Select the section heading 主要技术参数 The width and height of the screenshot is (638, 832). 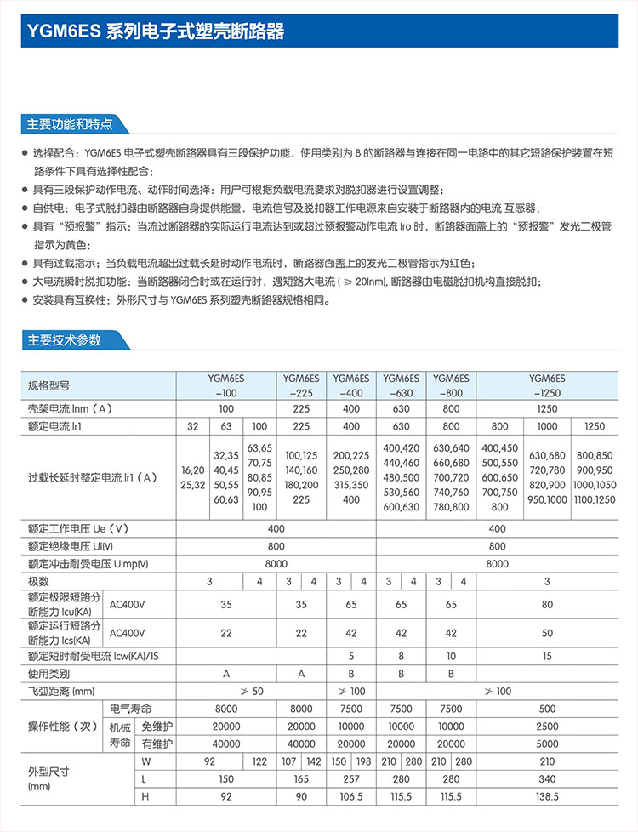pyautogui.click(x=64, y=340)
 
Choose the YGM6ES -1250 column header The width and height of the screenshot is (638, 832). pyautogui.click(x=547, y=385)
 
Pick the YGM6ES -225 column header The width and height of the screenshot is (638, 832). pyautogui.click(x=301, y=385)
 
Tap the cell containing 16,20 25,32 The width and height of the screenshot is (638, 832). pyautogui.click(x=192, y=477)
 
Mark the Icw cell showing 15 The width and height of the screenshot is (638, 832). pyautogui.click(x=547, y=656)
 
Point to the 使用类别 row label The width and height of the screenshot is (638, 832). pyautogui.click(x=49, y=673)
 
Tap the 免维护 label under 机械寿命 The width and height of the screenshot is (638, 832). pyautogui.click(x=157, y=727)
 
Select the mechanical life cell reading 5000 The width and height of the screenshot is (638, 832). pyautogui.click(x=547, y=744)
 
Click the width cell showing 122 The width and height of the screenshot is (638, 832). pyautogui.click(x=259, y=761)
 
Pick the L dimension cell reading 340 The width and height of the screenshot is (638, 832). pyautogui.click(x=547, y=779)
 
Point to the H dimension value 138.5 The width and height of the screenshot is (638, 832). pyautogui.click(x=547, y=797)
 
